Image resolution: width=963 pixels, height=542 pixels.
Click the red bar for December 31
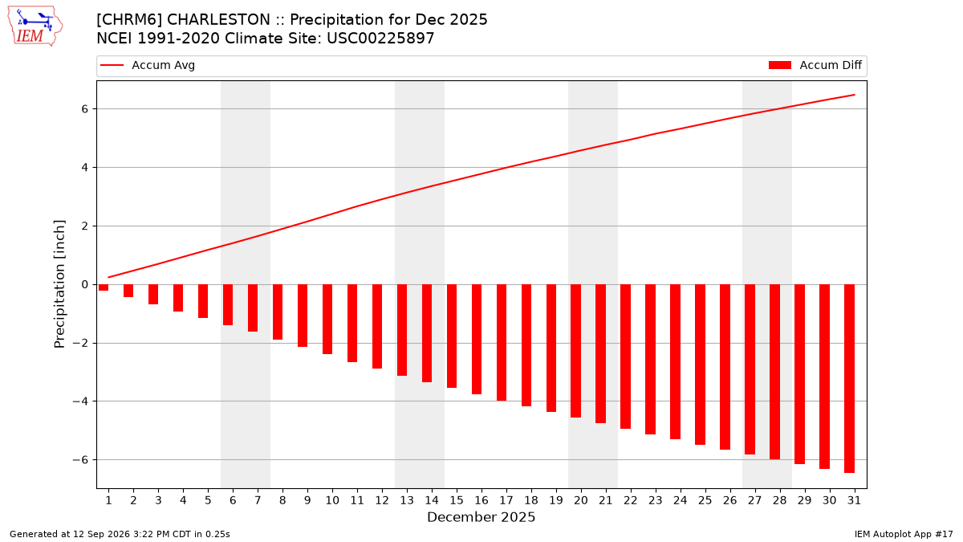849,378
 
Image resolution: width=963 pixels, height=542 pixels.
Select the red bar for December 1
104,287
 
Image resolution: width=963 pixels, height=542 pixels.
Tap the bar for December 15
451,336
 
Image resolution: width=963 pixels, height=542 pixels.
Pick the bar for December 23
651,359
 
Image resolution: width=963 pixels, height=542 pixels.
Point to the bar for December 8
278,312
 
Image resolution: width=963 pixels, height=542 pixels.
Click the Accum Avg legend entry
148,65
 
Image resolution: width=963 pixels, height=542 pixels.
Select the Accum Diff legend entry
815,65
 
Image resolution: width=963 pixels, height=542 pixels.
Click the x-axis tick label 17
506,500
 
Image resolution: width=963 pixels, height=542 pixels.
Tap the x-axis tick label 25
705,500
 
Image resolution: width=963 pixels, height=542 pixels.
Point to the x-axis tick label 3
158,500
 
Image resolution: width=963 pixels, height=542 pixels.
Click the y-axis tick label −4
80,401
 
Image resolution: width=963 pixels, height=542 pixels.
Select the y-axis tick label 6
85,109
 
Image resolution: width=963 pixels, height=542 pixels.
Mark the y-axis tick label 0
85,284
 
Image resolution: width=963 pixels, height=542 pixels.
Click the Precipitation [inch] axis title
59,284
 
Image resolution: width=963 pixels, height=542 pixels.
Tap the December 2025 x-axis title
481,517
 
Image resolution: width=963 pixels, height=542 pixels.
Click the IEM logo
35,26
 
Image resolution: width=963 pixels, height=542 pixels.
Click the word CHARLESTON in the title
218,20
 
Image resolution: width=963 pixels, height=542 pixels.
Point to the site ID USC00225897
380,39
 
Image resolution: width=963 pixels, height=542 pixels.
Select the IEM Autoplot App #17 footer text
904,534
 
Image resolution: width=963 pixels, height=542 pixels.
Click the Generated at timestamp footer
120,534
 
